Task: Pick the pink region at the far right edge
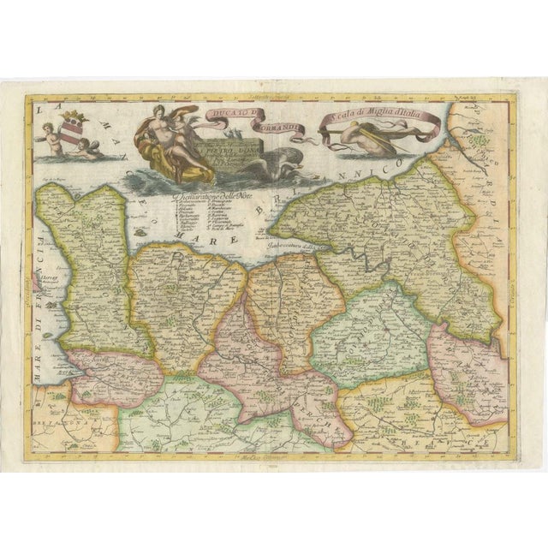coord(467,368)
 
